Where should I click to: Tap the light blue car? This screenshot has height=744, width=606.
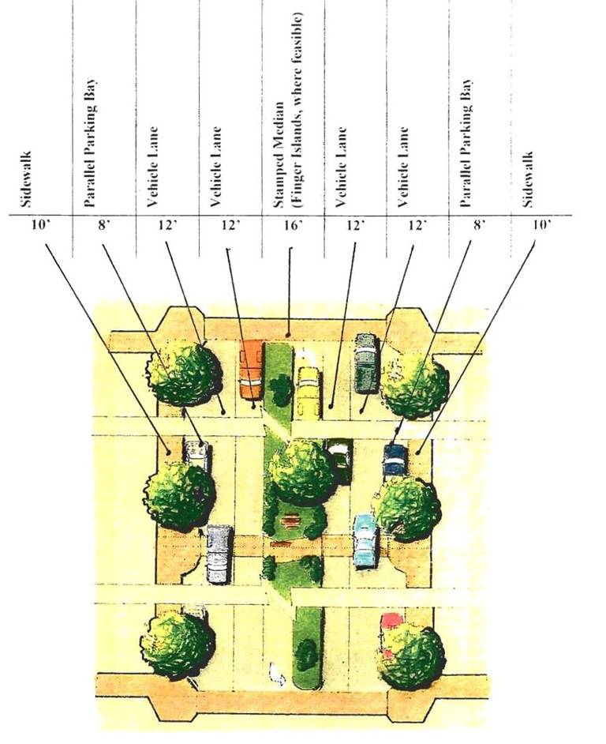(x=365, y=540)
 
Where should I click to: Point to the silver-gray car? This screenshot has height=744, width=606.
(x=219, y=553)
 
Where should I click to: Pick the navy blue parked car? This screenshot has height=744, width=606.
(x=395, y=460)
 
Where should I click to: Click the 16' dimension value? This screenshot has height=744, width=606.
(x=293, y=226)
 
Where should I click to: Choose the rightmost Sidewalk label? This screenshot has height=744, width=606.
(x=529, y=178)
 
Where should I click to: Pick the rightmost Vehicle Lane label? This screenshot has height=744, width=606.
(x=403, y=166)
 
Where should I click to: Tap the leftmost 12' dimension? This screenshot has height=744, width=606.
(x=166, y=226)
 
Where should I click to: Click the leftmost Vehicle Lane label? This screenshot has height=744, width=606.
(x=153, y=166)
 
